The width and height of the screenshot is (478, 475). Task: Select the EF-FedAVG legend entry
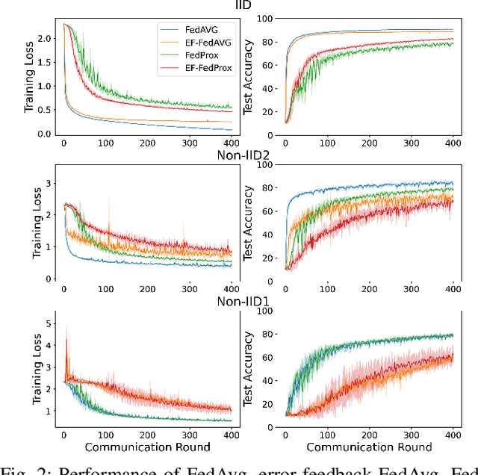tap(205, 43)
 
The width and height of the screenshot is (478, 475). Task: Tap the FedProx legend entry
tap(201, 56)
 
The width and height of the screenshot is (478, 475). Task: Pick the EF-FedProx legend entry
tap(206, 69)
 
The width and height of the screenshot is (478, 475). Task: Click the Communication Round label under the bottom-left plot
tap(149, 447)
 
